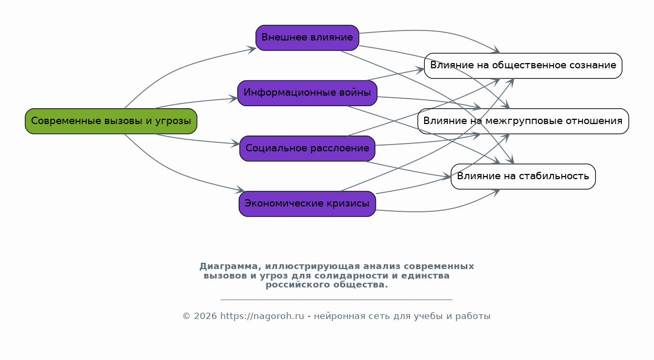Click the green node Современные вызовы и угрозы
[x=111, y=121]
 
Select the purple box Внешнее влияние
[x=307, y=38]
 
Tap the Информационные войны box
[x=307, y=93]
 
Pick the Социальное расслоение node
[x=307, y=149]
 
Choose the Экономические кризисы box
[x=307, y=204]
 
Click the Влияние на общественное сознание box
[x=523, y=66]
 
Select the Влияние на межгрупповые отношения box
[x=523, y=121]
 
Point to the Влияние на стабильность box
[x=523, y=177]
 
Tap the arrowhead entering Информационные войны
[x=234, y=98]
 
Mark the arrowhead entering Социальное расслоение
[x=236, y=143]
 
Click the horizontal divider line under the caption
[x=336, y=300]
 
